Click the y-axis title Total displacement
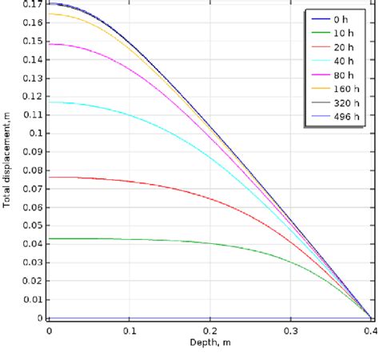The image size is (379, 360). (x=7, y=161)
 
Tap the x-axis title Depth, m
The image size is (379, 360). (x=209, y=342)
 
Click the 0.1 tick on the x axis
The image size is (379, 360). (x=130, y=330)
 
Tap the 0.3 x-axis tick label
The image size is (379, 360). (x=290, y=330)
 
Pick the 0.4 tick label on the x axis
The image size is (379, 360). (x=369, y=330)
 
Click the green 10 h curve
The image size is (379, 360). (x=160, y=240)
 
